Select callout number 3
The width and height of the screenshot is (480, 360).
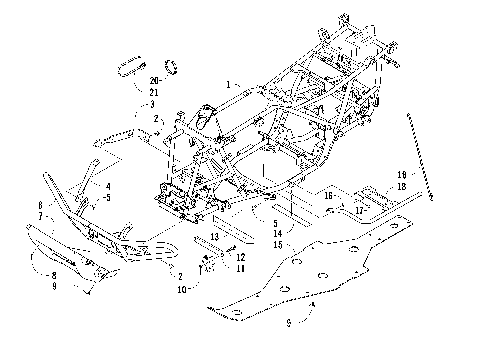153,104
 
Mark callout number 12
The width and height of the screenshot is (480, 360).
241,257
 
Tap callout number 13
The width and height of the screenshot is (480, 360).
214,235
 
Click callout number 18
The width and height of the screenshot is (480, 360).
372,186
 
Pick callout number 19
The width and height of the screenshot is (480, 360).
372,174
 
